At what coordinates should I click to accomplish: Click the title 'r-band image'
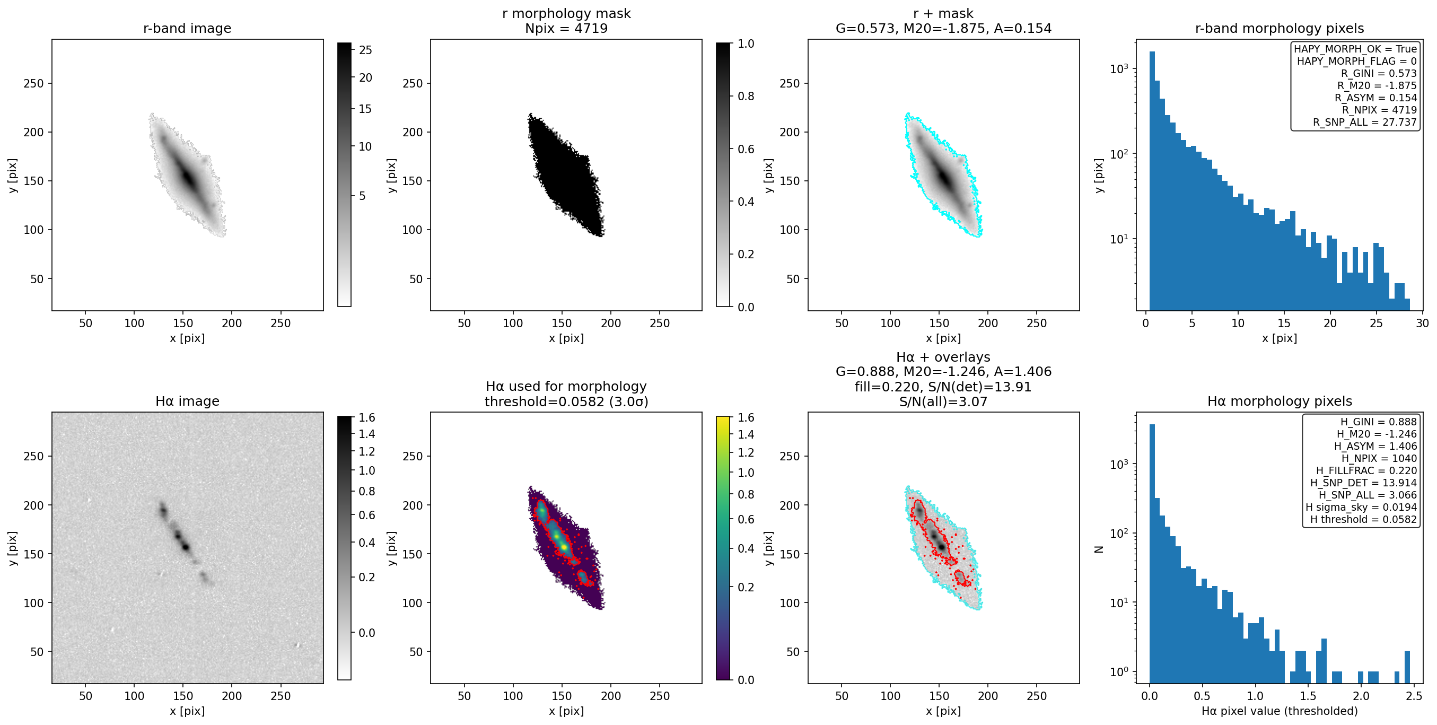pyautogui.click(x=187, y=28)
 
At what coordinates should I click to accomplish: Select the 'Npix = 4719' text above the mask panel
pyautogui.click(x=566, y=28)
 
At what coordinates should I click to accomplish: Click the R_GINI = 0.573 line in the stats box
pyautogui.click(x=1379, y=73)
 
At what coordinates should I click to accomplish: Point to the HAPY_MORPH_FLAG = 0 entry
pyautogui.click(x=1357, y=61)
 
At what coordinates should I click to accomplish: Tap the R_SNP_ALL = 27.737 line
pyautogui.click(x=1364, y=122)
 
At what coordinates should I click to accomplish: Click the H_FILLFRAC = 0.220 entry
pyautogui.click(x=1366, y=470)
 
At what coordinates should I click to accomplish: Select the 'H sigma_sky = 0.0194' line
pyautogui.click(x=1361, y=508)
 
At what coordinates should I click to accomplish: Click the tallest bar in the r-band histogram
pyautogui.click(x=1152, y=181)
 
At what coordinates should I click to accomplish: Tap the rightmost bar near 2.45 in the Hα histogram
pyautogui.click(x=1407, y=667)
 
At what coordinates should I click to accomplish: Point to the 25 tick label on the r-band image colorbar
pyautogui.click(x=365, y=50)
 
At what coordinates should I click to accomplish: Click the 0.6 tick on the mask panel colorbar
pyautogui.click(x=746, y=149)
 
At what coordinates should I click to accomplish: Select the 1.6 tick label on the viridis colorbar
pyautogui.click(x=746, y=417)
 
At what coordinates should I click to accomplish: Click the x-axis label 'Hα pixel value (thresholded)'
pyautogui.click(x=1279, y=711)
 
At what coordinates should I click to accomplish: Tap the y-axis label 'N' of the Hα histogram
pyautogui.click(x=1099, y=549)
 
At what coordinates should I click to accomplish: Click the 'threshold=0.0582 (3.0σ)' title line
pyautogui.click(x=566, y=401)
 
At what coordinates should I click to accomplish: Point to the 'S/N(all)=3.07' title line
pyautogui.click(x=943, y=401)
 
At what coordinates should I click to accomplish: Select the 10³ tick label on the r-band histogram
pyautogui.click(x=1119, y=68)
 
